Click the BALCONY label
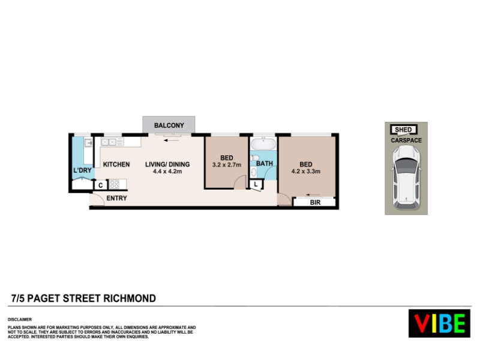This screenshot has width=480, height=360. pos(169,125)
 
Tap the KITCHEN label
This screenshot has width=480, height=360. pos(116,164)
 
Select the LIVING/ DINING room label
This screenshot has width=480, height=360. pos(167,164)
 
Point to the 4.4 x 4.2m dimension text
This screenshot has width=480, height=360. pos(167,172)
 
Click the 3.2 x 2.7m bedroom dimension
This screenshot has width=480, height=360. pos(227,165)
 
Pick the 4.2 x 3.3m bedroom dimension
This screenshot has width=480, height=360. pos(306,172)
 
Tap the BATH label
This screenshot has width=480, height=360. pos(265,163)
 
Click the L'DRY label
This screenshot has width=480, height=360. pos(82,170)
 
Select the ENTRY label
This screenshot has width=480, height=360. pos(116,199)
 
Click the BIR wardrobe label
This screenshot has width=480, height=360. pos(316,203)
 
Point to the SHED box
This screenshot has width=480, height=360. pos(403,130)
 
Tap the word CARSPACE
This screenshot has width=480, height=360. pos(406,140)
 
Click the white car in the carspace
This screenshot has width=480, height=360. pos(406,177)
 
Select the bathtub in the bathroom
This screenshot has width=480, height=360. pos(263,144)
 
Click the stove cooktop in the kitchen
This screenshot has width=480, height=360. pos(115,184)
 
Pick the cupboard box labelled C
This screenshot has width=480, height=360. pos(100,185)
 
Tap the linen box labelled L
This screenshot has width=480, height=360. pos(256,185)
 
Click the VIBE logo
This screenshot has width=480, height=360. pos(439,323)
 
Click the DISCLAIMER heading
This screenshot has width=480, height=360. pos(20,320)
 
